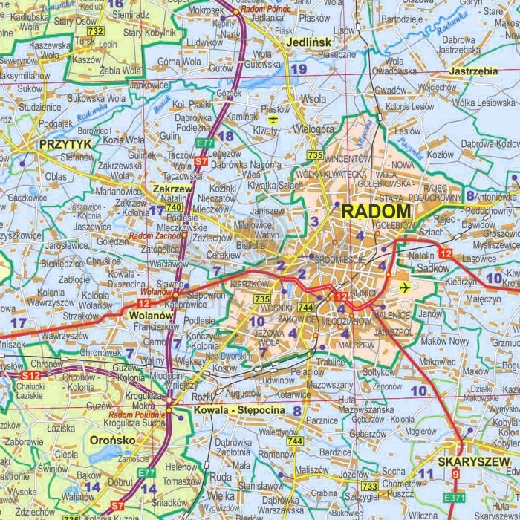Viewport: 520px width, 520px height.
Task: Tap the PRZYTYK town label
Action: [x=66, y=143]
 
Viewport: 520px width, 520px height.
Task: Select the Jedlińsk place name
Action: [x=308, y=43]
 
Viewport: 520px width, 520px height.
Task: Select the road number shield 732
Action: [x=94, y=32]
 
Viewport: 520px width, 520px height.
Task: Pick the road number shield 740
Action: [x=174, y=208]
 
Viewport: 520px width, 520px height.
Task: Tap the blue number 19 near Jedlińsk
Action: [x=299, y=69]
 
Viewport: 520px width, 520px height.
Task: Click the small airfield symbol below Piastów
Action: [x=273, y=118]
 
